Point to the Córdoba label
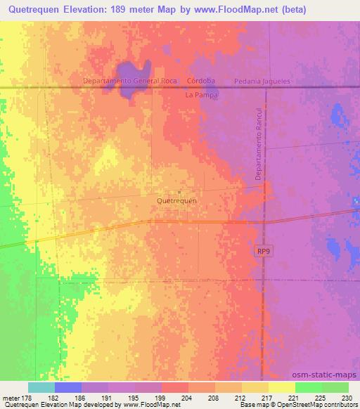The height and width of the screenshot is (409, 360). pos(200,81)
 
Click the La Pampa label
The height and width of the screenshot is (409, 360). pos(202,93)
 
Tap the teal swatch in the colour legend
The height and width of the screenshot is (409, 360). pos(41,387)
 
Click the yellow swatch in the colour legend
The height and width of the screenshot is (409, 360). pos(282,387)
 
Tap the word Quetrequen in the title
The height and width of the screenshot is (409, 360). pos(39,9)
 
